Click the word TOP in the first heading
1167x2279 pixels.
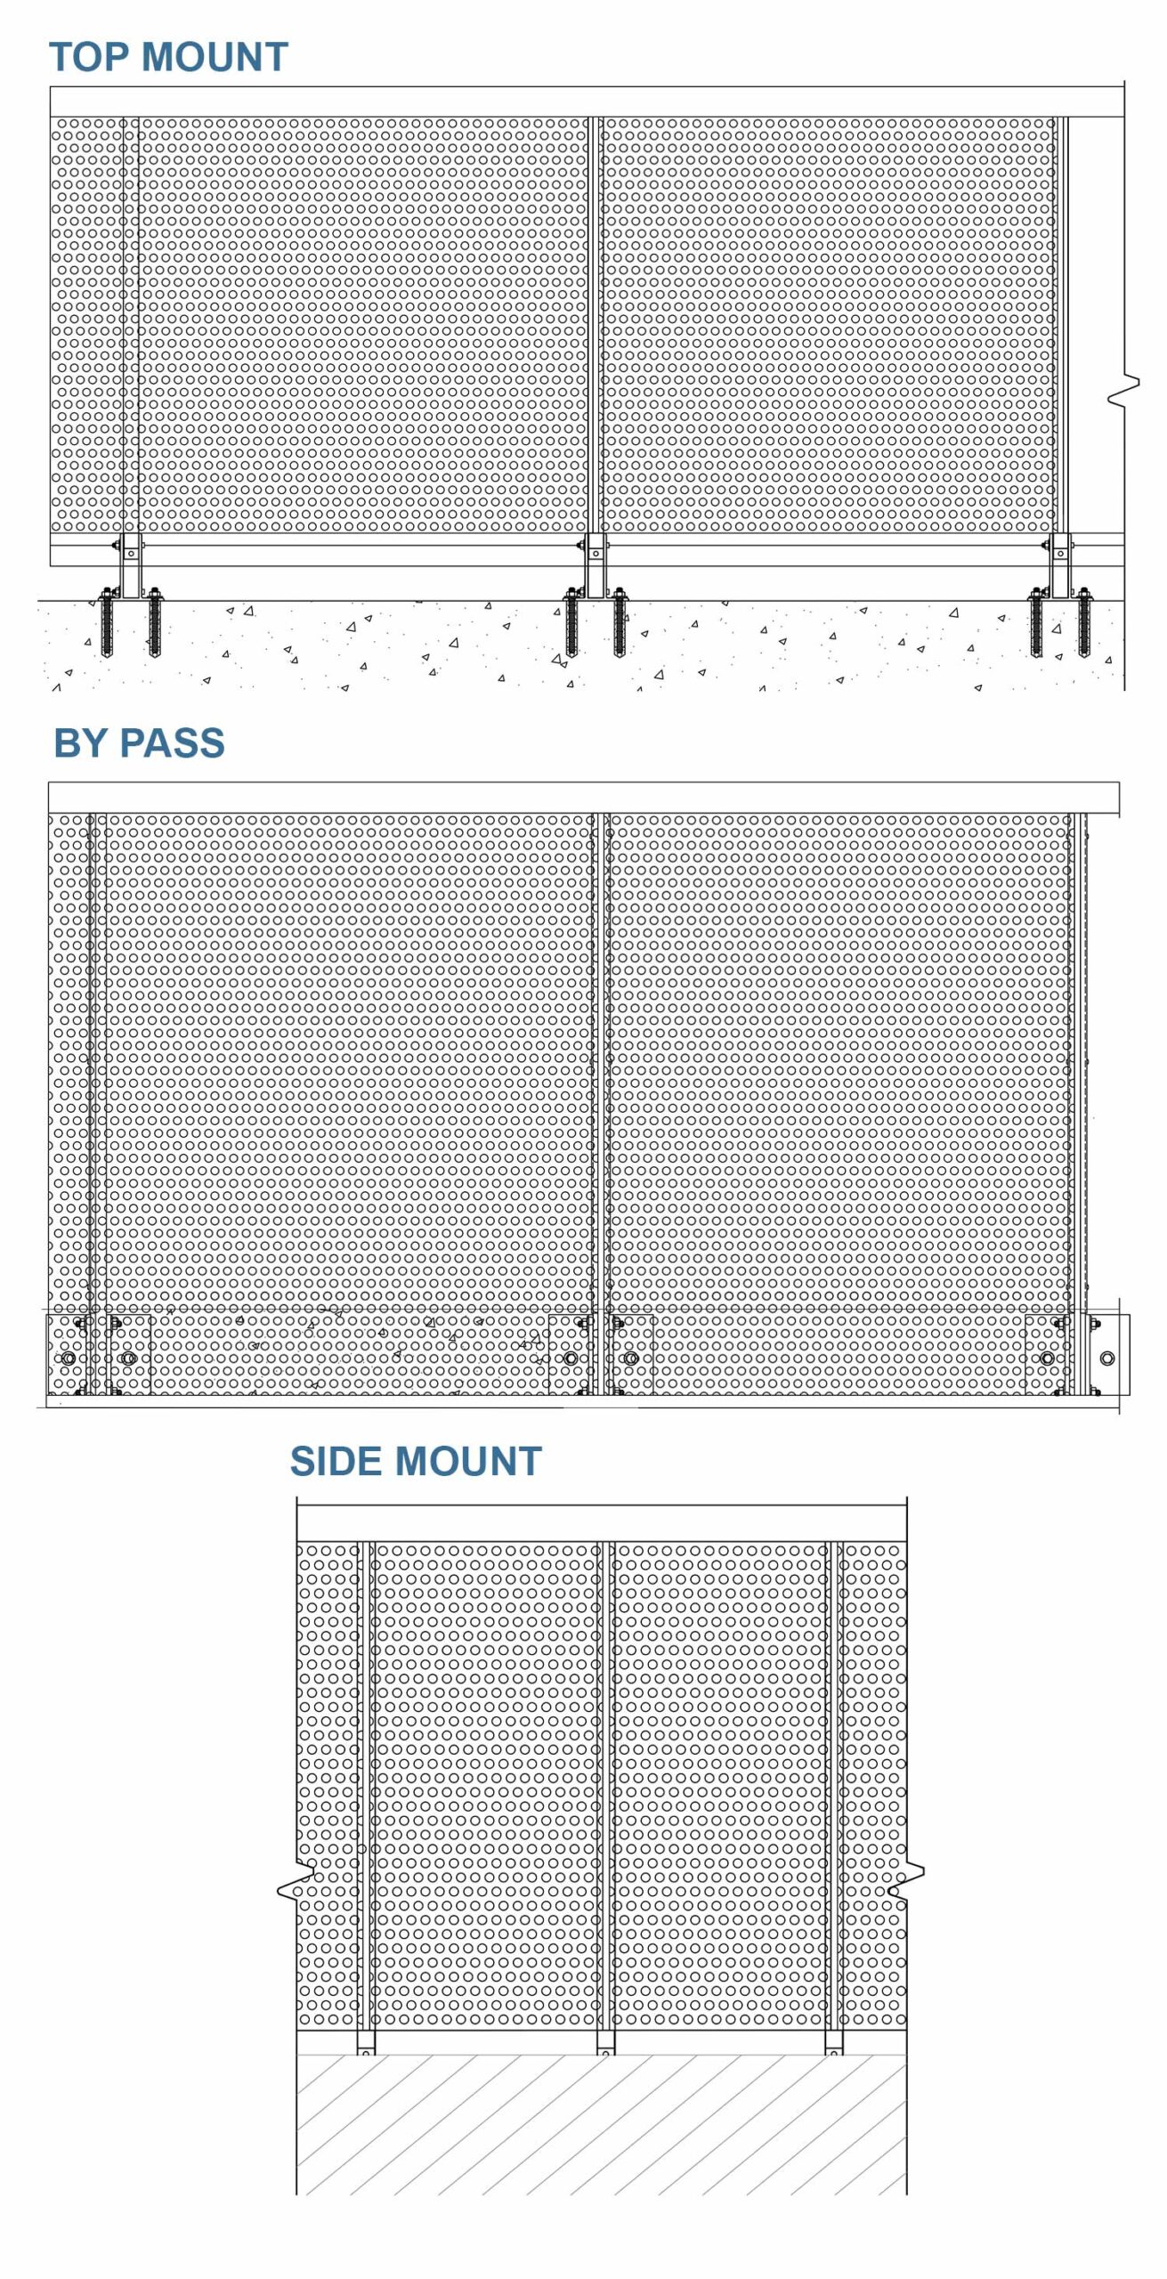coord(89,57)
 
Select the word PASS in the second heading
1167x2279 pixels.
coord(173,742)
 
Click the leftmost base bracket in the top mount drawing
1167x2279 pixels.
coord(131,566)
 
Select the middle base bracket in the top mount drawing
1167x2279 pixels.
coord(596,566)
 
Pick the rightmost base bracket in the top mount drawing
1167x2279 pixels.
coord(1060,566)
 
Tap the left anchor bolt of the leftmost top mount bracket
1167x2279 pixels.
coord(107,621)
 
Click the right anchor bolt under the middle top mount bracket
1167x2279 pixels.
coord(620,621)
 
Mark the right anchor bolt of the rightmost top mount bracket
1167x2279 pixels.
coord(1084,621)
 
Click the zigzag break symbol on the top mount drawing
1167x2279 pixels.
coord(1124,392)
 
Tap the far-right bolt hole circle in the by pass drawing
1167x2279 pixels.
coord(1107,1358)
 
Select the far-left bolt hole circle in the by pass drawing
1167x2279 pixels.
coord(69,1358)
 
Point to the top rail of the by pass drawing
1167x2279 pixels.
coord(584,798)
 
